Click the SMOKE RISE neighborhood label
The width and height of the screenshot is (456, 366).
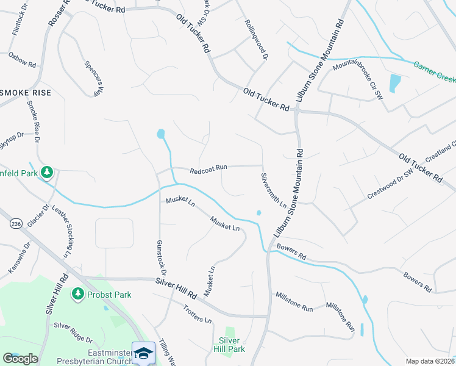click(26, 93)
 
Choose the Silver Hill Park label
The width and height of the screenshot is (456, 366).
click(232, 345)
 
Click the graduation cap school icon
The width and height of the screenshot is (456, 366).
click(143, 353)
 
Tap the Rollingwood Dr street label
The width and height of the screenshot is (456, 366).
click(257, 40)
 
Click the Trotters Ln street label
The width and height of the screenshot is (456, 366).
click(197, 312)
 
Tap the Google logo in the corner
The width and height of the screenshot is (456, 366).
click(20, 359)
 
